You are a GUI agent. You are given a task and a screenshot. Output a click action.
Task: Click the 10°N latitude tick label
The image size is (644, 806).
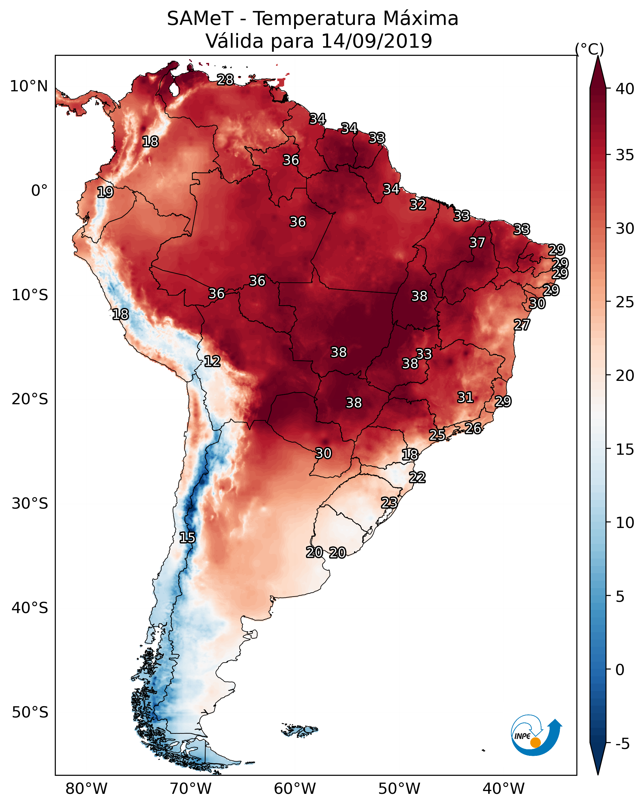(x=29, y=86)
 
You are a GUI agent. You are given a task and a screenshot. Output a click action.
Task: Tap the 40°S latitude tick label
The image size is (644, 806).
(x=30, y=608)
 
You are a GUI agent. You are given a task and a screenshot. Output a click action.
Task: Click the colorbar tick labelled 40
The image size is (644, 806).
(x=625, y=89)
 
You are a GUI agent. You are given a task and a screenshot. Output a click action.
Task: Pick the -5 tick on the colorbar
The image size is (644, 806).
(x=622, y=744)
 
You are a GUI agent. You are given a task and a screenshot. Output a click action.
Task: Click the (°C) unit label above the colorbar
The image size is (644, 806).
(x=589, y=49)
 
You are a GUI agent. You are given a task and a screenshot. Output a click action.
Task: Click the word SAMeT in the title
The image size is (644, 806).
(x=200, y=19)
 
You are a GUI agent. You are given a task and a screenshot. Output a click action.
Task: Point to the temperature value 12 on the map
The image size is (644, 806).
(x=212, y=361)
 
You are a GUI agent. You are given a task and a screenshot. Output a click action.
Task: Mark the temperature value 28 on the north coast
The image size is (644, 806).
(x=225, y=79)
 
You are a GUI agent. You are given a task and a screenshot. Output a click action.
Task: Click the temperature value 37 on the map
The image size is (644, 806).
(x=477, y=242)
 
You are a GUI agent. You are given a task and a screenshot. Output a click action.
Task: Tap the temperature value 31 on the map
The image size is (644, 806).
(x=465, y=397)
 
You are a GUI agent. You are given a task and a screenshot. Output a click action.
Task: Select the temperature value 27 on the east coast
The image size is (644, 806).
(x=522, y=325)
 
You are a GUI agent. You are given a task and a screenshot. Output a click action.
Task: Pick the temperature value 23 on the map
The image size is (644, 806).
(x=389, y=502)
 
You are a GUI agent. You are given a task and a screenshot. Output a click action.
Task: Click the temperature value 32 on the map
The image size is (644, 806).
(x=417, y=205)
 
